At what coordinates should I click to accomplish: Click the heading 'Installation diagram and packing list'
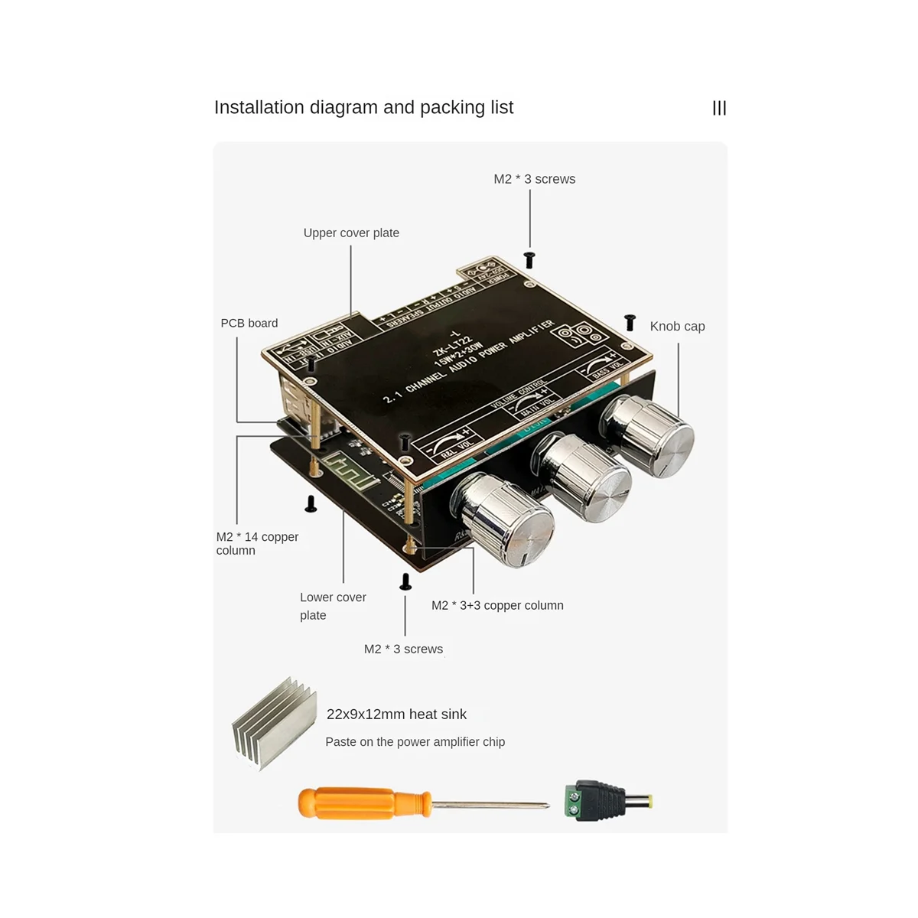pyautogui.click(x=363, y=108)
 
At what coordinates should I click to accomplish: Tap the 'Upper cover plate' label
pyautogui.click(x=351, y=233)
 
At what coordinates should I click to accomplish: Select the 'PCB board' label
pyautogui.click(x=249, y=324)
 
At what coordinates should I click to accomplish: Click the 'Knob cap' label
pyautogui.click(x=677, y=327)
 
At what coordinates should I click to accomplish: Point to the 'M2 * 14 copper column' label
pyautogui.click(x=257, y=543)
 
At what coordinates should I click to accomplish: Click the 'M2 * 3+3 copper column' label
pyautogui.click(x=497, y=606)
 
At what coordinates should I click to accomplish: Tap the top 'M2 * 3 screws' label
pyautogui.click(x=534, y=179)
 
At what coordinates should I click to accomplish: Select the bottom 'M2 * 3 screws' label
pyautogui.click(x=403, y=649)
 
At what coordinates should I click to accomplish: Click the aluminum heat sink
pyautogui.click(x=274, y=723)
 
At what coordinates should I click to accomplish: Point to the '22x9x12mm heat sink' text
pyautogui.click(x=396, y=715)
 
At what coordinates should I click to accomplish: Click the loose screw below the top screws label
pyautogui.click(x=528, y=260)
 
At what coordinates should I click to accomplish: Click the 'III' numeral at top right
pyautogui.click(x=719, y=109)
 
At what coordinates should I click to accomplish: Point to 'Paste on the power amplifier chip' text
pyautogui.click(x=415, y=742)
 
